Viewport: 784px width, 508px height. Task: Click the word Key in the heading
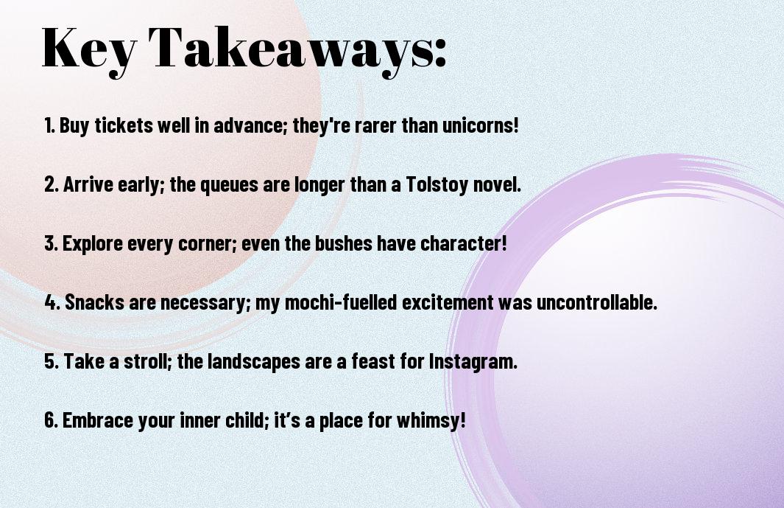click(x=89, y=49)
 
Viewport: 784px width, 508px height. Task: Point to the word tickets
click(x=124, y=125)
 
